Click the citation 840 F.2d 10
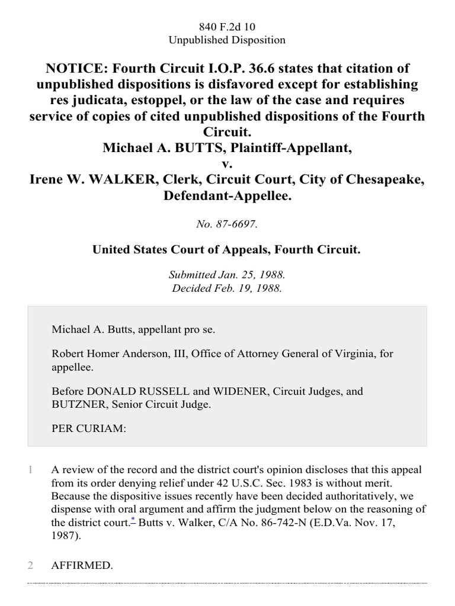[227, 26]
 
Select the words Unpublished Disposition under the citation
[227, 40]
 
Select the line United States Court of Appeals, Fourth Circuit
[227, 250]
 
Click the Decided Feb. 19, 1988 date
[227, 289]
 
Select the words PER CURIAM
[89, 429]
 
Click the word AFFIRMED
[82, 566]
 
